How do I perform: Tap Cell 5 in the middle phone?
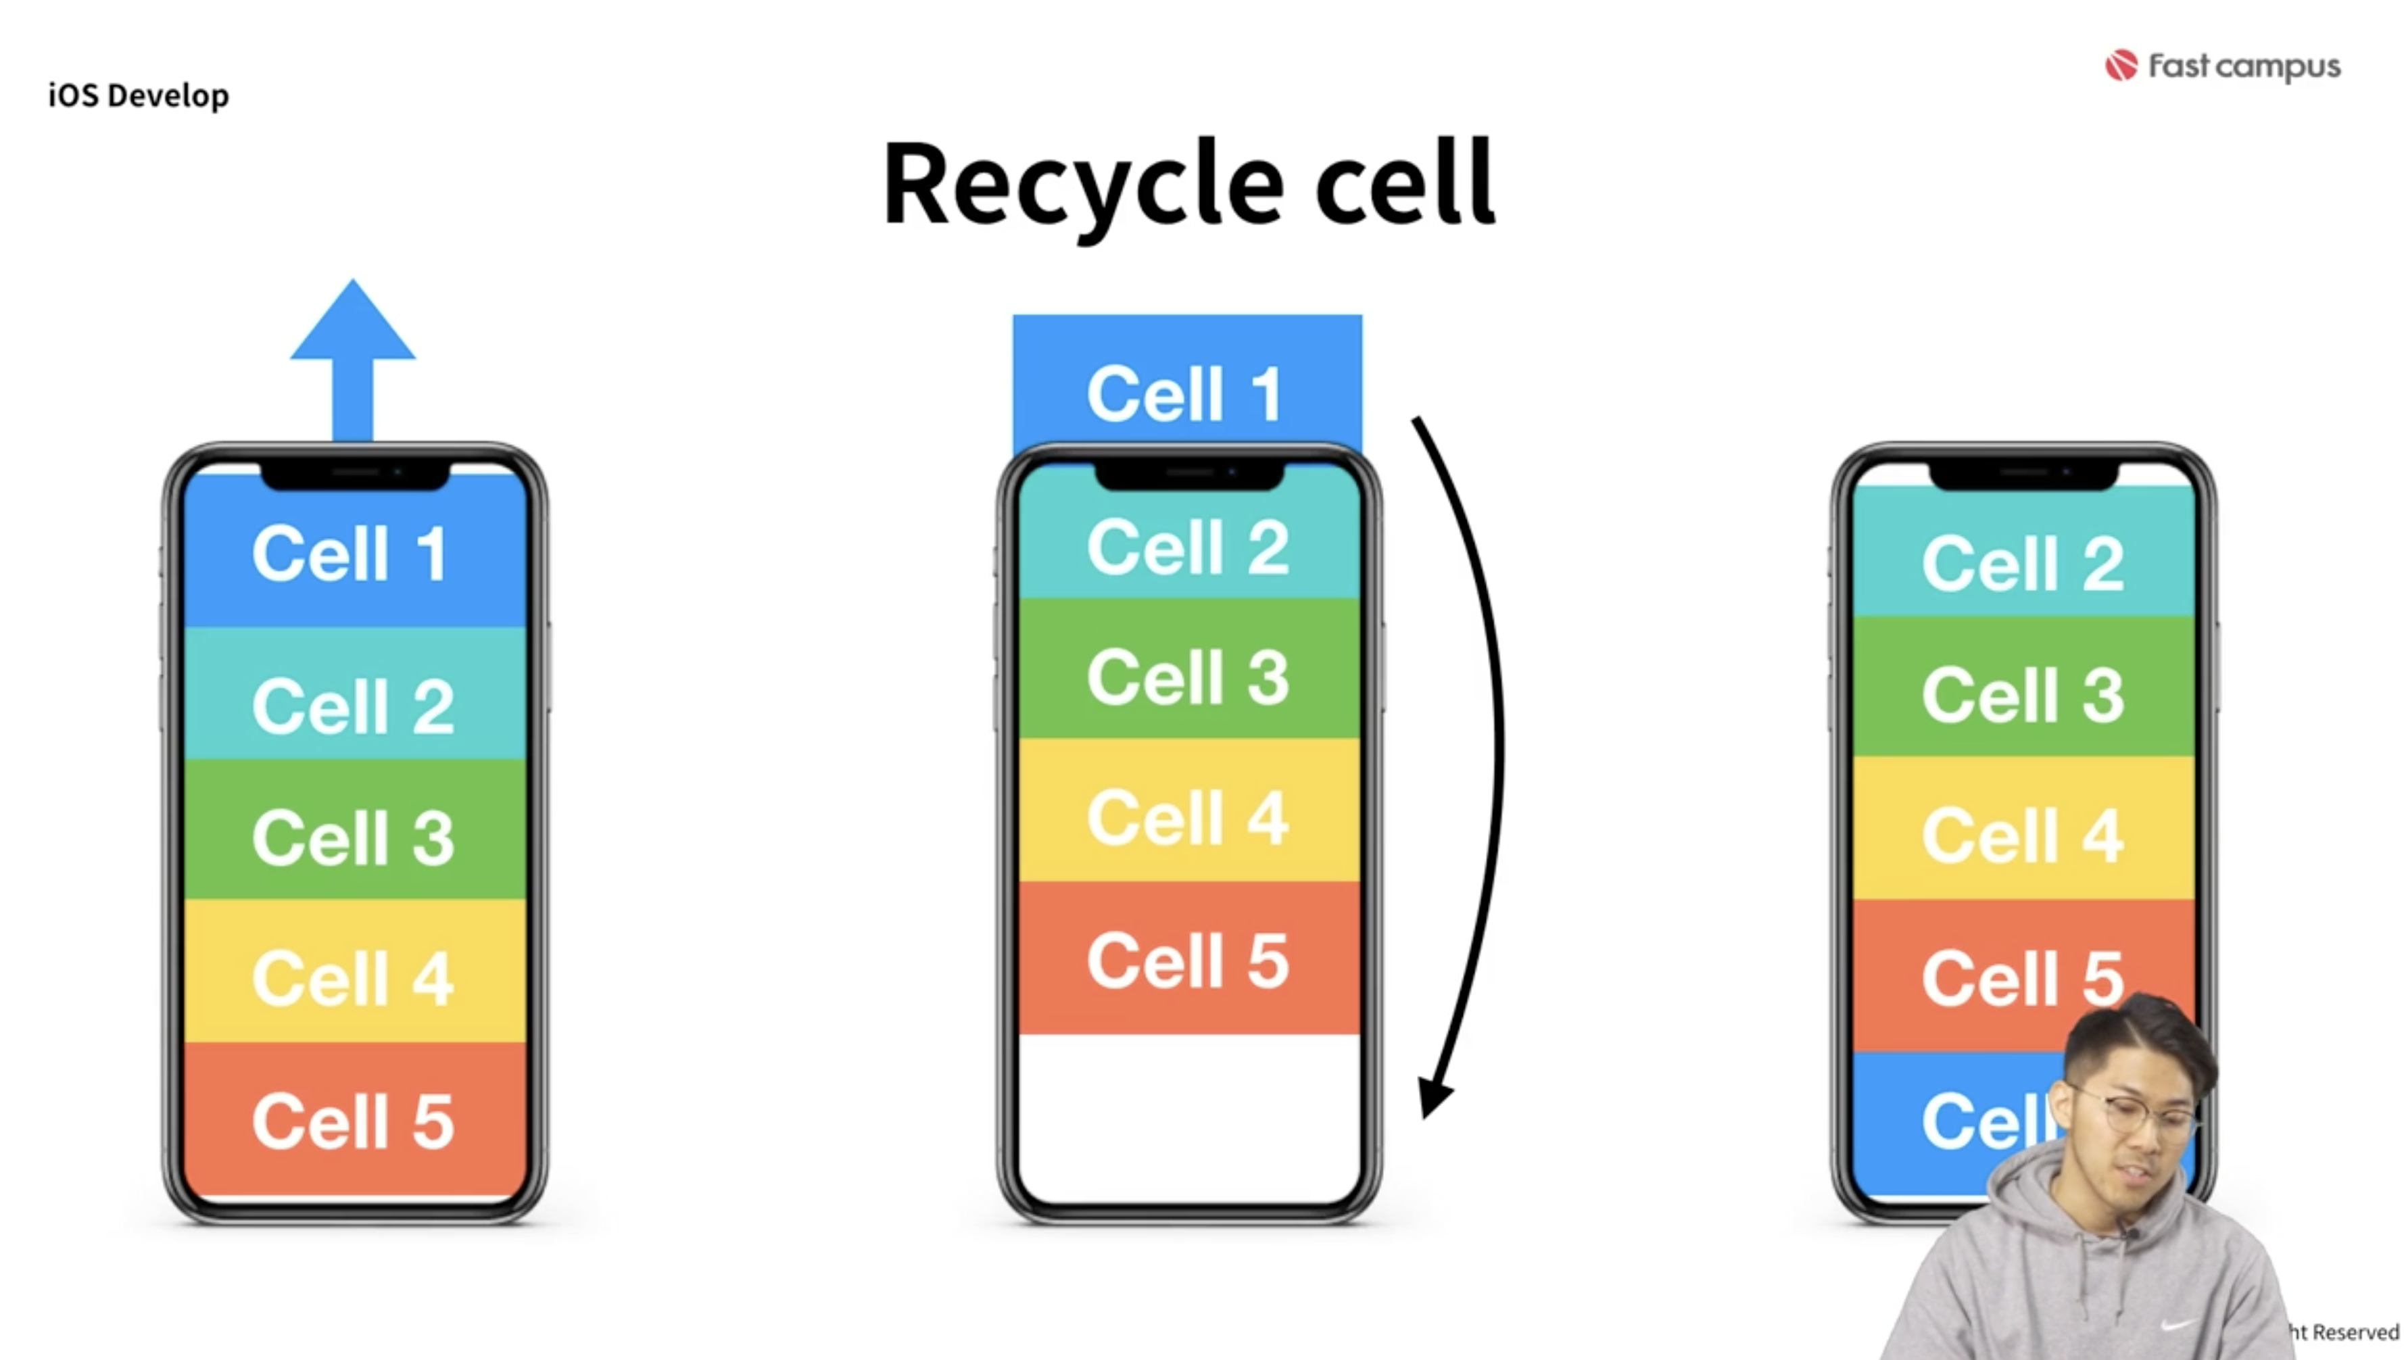pyautogui.click(x=1188, y=958)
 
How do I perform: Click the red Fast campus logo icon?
pyautogui.click(x=2120, y=66)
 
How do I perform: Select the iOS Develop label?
pyautogui.click(x=138, y=95)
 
